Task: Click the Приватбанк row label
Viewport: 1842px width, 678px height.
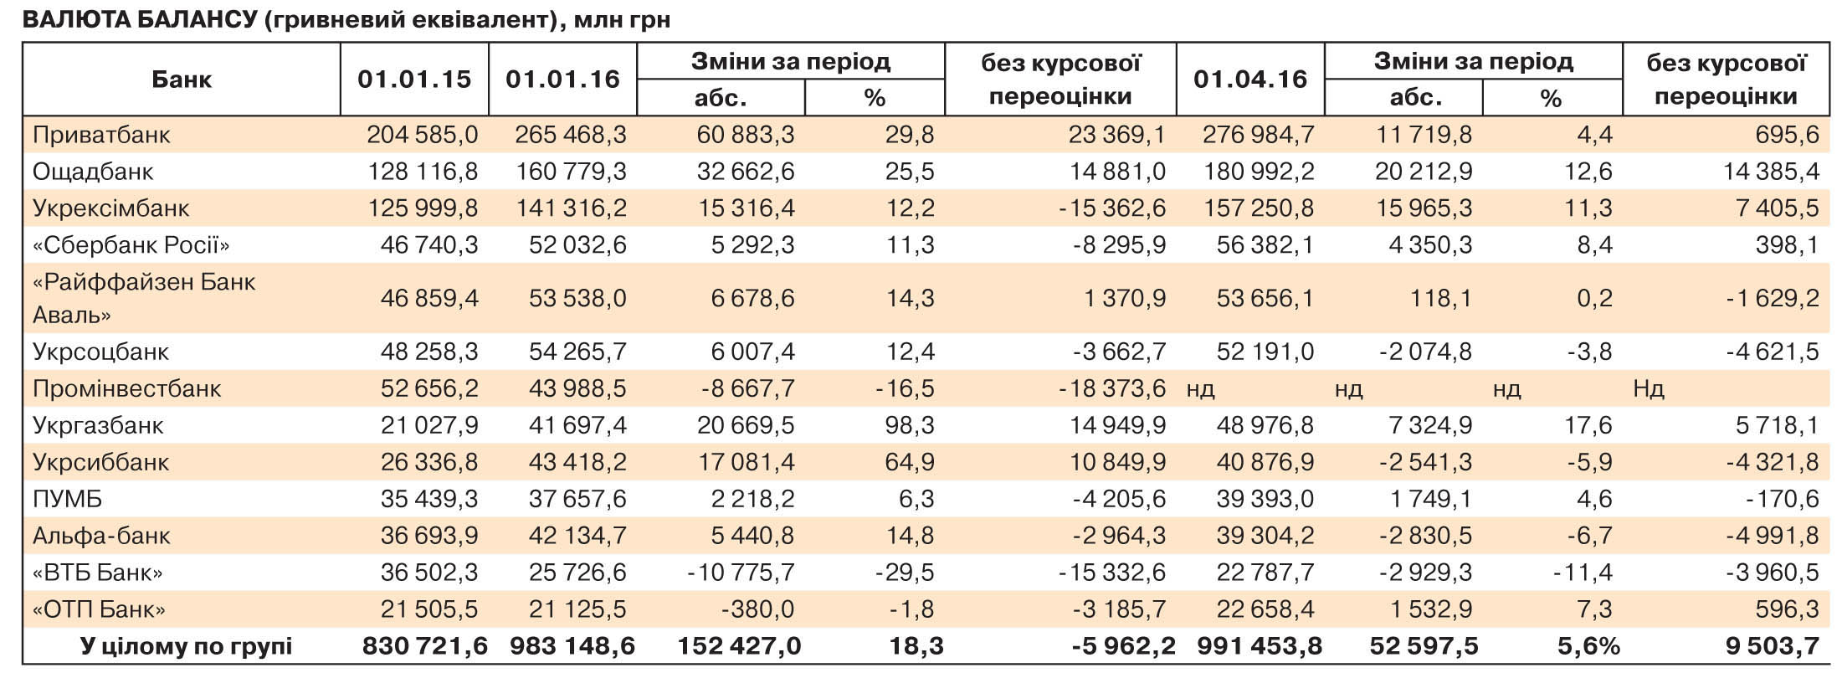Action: point(101,135)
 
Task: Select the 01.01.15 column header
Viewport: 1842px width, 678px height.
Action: point(414,80)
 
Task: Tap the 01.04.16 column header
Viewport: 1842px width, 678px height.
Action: point(1250,80)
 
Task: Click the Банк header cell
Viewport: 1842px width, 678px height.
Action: point(182,80)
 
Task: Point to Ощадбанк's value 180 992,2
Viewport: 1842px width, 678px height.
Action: point(1259,172)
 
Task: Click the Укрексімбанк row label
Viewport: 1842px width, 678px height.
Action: point(111,208)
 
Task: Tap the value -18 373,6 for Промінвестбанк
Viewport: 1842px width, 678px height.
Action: point(1112,388)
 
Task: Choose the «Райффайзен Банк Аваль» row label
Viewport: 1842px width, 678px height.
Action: point(144,298)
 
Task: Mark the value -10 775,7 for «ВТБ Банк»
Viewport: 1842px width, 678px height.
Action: point(741,573)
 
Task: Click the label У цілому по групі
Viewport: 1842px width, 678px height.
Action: point(186,646)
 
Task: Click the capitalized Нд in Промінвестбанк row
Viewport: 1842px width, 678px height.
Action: point(1648,388)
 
